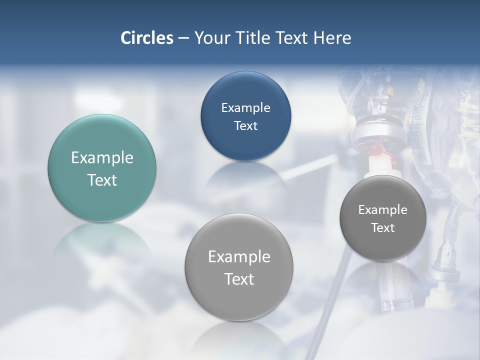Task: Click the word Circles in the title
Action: [x=147, y=38]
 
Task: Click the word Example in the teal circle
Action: [x=102, y=158]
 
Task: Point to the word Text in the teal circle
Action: [x=102, y=180]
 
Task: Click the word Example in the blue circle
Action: [x=245, y=107]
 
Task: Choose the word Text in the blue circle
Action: [x=245, y=125]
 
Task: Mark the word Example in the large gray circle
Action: [x=239, y=257]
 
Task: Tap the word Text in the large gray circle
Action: [x=239, y=279]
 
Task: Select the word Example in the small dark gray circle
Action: [x=383, y=210]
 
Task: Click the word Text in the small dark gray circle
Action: [x=383, y=228]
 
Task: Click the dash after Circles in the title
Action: [x=183, y=38]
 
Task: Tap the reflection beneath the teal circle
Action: [x=102, y=240]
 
